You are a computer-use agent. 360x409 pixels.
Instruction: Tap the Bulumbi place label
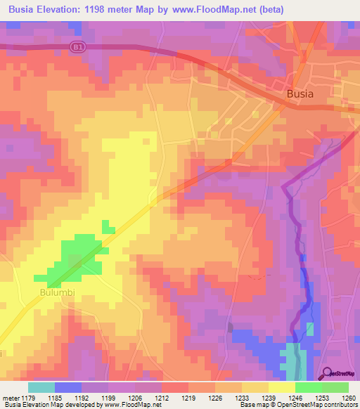(x=56, y=292)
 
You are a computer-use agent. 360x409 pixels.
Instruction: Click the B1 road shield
(x=77, y=44)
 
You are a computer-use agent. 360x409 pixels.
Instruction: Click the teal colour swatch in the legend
(x=41, y=387)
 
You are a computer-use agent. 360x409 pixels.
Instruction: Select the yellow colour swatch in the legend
(x=281, y=387)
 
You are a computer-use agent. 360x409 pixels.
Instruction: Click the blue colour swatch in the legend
(x=68, y=387)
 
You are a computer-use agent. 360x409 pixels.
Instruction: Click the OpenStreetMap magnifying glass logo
(x=326, y=373)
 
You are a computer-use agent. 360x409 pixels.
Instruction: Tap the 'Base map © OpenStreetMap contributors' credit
(x=297, y=405)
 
